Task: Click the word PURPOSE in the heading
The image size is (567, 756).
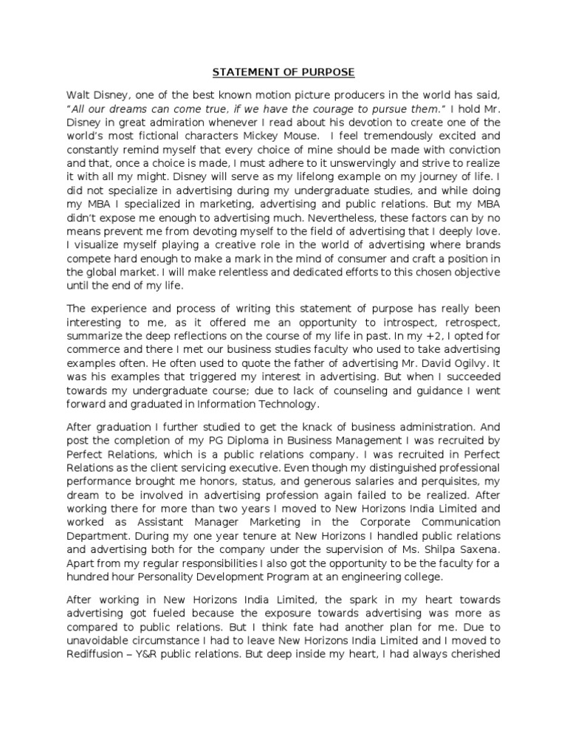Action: tap(328, 72)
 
